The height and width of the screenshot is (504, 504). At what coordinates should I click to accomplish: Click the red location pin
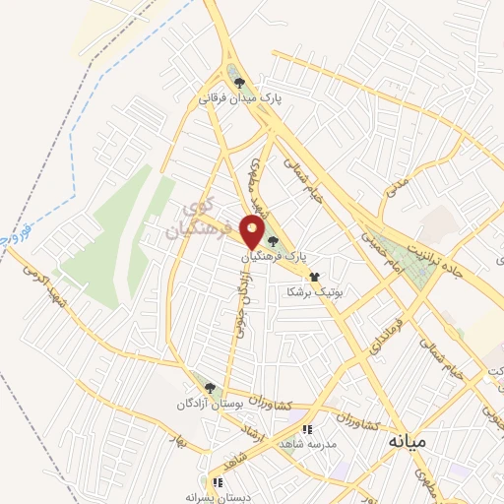click(252, 232)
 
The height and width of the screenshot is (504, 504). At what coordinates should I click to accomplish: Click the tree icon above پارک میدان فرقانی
click(238, 83)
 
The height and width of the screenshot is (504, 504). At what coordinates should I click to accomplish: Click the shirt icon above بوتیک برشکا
click(314, 278)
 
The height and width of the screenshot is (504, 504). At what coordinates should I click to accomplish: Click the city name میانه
click(405, 439)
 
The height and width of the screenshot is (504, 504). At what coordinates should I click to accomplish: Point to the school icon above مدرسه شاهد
click(308, 429)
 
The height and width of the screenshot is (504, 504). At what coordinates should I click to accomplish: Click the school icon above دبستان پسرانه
click(218, 482)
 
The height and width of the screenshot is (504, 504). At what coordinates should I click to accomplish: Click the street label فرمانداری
click(377, 335)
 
